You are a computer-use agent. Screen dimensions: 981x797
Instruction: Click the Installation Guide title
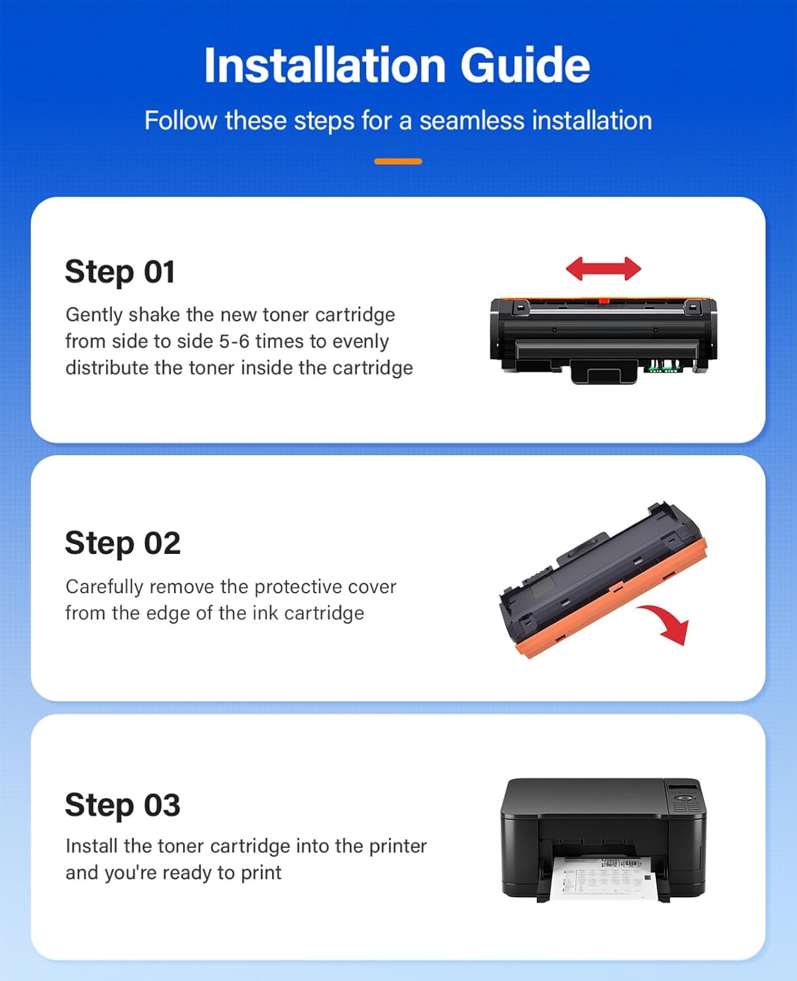(397, 65)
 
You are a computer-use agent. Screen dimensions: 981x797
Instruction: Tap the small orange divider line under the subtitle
(398, 161)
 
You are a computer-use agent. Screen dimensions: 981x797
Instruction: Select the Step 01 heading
(120, 272)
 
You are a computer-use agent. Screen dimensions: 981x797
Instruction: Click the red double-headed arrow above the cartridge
(603, 269)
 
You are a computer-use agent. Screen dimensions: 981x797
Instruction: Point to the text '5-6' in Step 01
(234, 341)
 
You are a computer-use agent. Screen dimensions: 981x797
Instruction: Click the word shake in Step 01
(154, 315)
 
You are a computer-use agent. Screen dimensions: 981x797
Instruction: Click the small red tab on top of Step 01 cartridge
(604, 301)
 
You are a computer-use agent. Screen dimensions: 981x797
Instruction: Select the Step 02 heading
(122, 543)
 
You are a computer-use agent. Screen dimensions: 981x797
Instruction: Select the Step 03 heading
(122, 805)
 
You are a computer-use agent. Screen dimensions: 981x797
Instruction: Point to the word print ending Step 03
(261, 873)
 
